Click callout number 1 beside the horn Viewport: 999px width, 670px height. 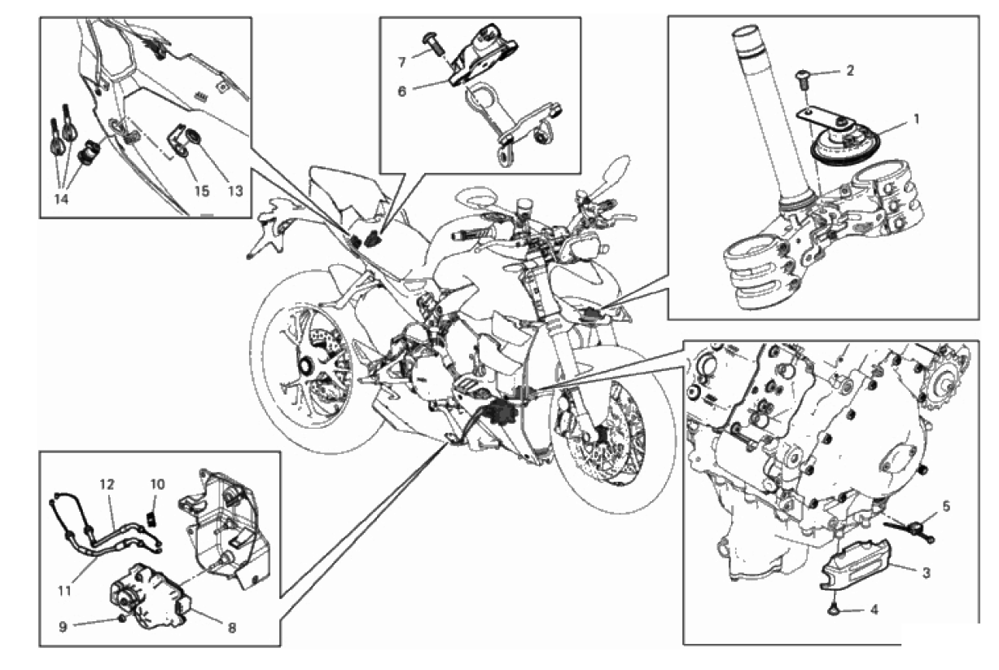(x=916, y=119)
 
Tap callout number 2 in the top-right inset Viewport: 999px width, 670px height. (x=850, y=71)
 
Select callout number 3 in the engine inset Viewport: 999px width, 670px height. (x=927, y=572)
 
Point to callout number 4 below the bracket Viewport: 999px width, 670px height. (x=875, y=608)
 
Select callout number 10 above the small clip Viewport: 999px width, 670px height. (x=157, y=484)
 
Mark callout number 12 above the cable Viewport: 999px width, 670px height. (x=107, y=484)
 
